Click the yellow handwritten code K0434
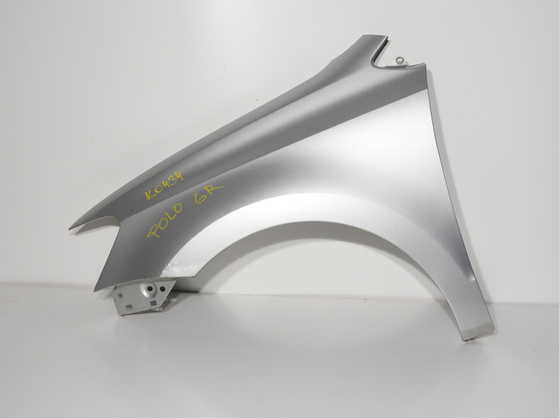click(x=164, y=185)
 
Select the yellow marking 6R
click(x=209, y=194)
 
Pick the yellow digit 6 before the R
click(x=199, y=199)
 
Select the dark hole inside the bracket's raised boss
click(x=150, y=288)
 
